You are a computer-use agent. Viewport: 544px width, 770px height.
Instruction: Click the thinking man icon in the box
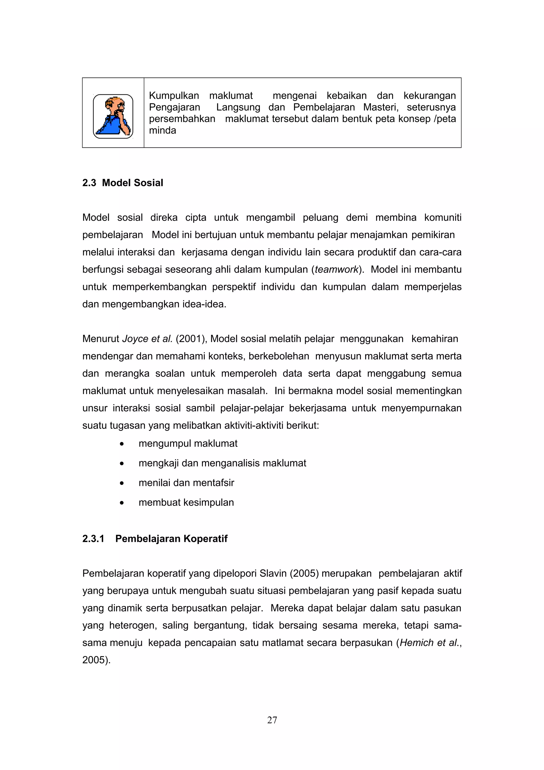[x=113, y=116]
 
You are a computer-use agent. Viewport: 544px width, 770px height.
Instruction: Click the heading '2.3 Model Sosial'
[x=123, y=183]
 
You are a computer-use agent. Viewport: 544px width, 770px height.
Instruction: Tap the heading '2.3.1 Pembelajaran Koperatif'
[x=155, y=539]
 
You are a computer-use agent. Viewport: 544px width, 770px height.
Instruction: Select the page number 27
[x=272, y=720]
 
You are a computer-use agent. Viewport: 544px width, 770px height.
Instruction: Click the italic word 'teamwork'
[x=337, y=270]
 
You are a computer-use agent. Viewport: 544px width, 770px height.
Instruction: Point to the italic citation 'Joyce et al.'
[x=147, y=339]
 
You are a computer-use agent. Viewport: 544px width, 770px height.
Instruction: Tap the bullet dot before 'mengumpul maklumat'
[x=122, y=444]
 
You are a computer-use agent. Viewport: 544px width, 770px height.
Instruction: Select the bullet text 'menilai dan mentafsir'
[x=186, y=483]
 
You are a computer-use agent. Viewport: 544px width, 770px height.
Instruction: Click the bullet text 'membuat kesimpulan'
[x=186, y=502]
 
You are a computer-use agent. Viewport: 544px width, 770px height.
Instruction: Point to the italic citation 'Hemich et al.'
[x=429, y=643]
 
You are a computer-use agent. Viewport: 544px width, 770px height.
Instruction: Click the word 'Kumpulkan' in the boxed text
[x=174, y=96]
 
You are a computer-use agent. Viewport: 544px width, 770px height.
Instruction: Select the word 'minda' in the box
[x=162, y=130]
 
